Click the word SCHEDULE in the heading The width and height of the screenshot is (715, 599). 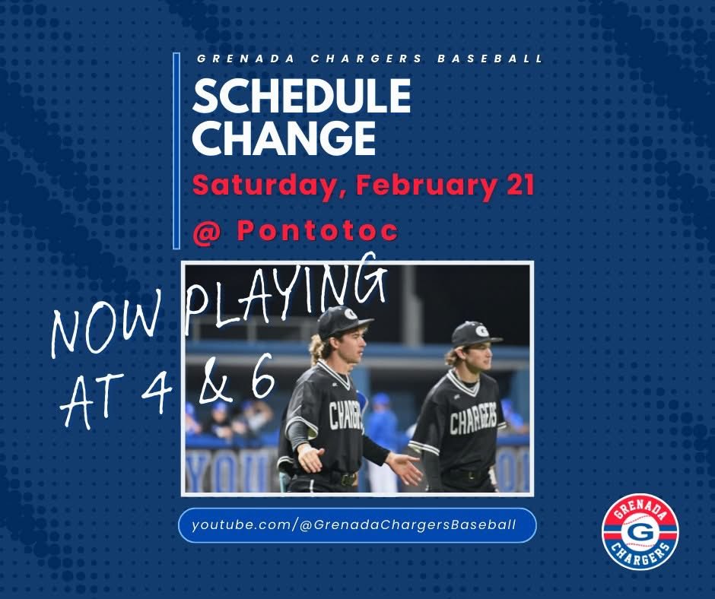(301, 97)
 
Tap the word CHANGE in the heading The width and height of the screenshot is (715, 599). (284, 138)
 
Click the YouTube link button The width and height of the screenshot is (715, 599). (357, 525)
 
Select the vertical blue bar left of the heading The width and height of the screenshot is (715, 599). (176, 151)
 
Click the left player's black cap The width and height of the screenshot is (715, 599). (344, 321)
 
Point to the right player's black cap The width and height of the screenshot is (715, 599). (475, 333)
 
